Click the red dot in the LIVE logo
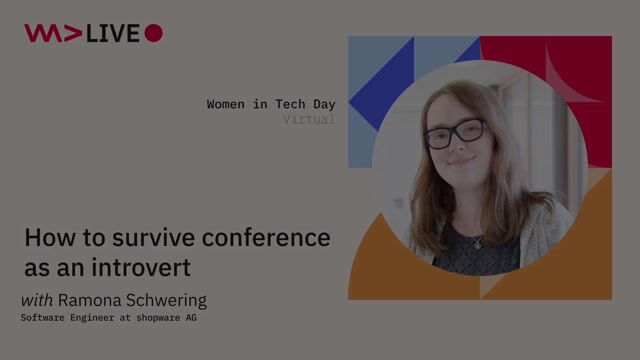tap(153, 33)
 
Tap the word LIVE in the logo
tap(113, 33)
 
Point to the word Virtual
tap(308, 119)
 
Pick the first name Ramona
tap(87, 300)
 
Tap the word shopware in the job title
tap(155, 318)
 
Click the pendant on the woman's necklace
tap(477, 244)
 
